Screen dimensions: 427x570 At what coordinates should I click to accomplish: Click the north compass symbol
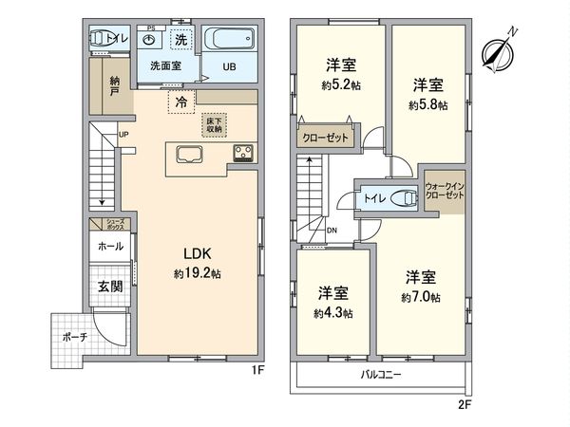pos(496,50)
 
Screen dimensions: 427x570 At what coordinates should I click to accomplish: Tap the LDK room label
pos(197,254)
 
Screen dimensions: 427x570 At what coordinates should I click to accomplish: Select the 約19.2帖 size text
pos(197,273)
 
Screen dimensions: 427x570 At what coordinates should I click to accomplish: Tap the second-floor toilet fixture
pos(406,199)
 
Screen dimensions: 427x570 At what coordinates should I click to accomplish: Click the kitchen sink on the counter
pos(186,157)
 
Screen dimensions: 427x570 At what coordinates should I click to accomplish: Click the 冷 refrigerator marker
pos(179,98)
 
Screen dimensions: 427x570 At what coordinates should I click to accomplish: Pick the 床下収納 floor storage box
pos(215,125)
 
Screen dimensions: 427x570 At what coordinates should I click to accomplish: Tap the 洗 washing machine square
pos(180,40)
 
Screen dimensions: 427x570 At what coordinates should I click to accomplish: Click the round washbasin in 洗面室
pos(148,42)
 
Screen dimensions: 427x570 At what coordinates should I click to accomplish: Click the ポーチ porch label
pos(78,337)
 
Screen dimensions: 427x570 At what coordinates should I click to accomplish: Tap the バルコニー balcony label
pos(380,375)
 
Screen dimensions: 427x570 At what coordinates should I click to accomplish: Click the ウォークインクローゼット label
pos(445,190)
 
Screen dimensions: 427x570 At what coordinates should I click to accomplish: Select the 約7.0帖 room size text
pos(420,297)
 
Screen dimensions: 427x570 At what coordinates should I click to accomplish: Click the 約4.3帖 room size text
pos(334,312)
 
